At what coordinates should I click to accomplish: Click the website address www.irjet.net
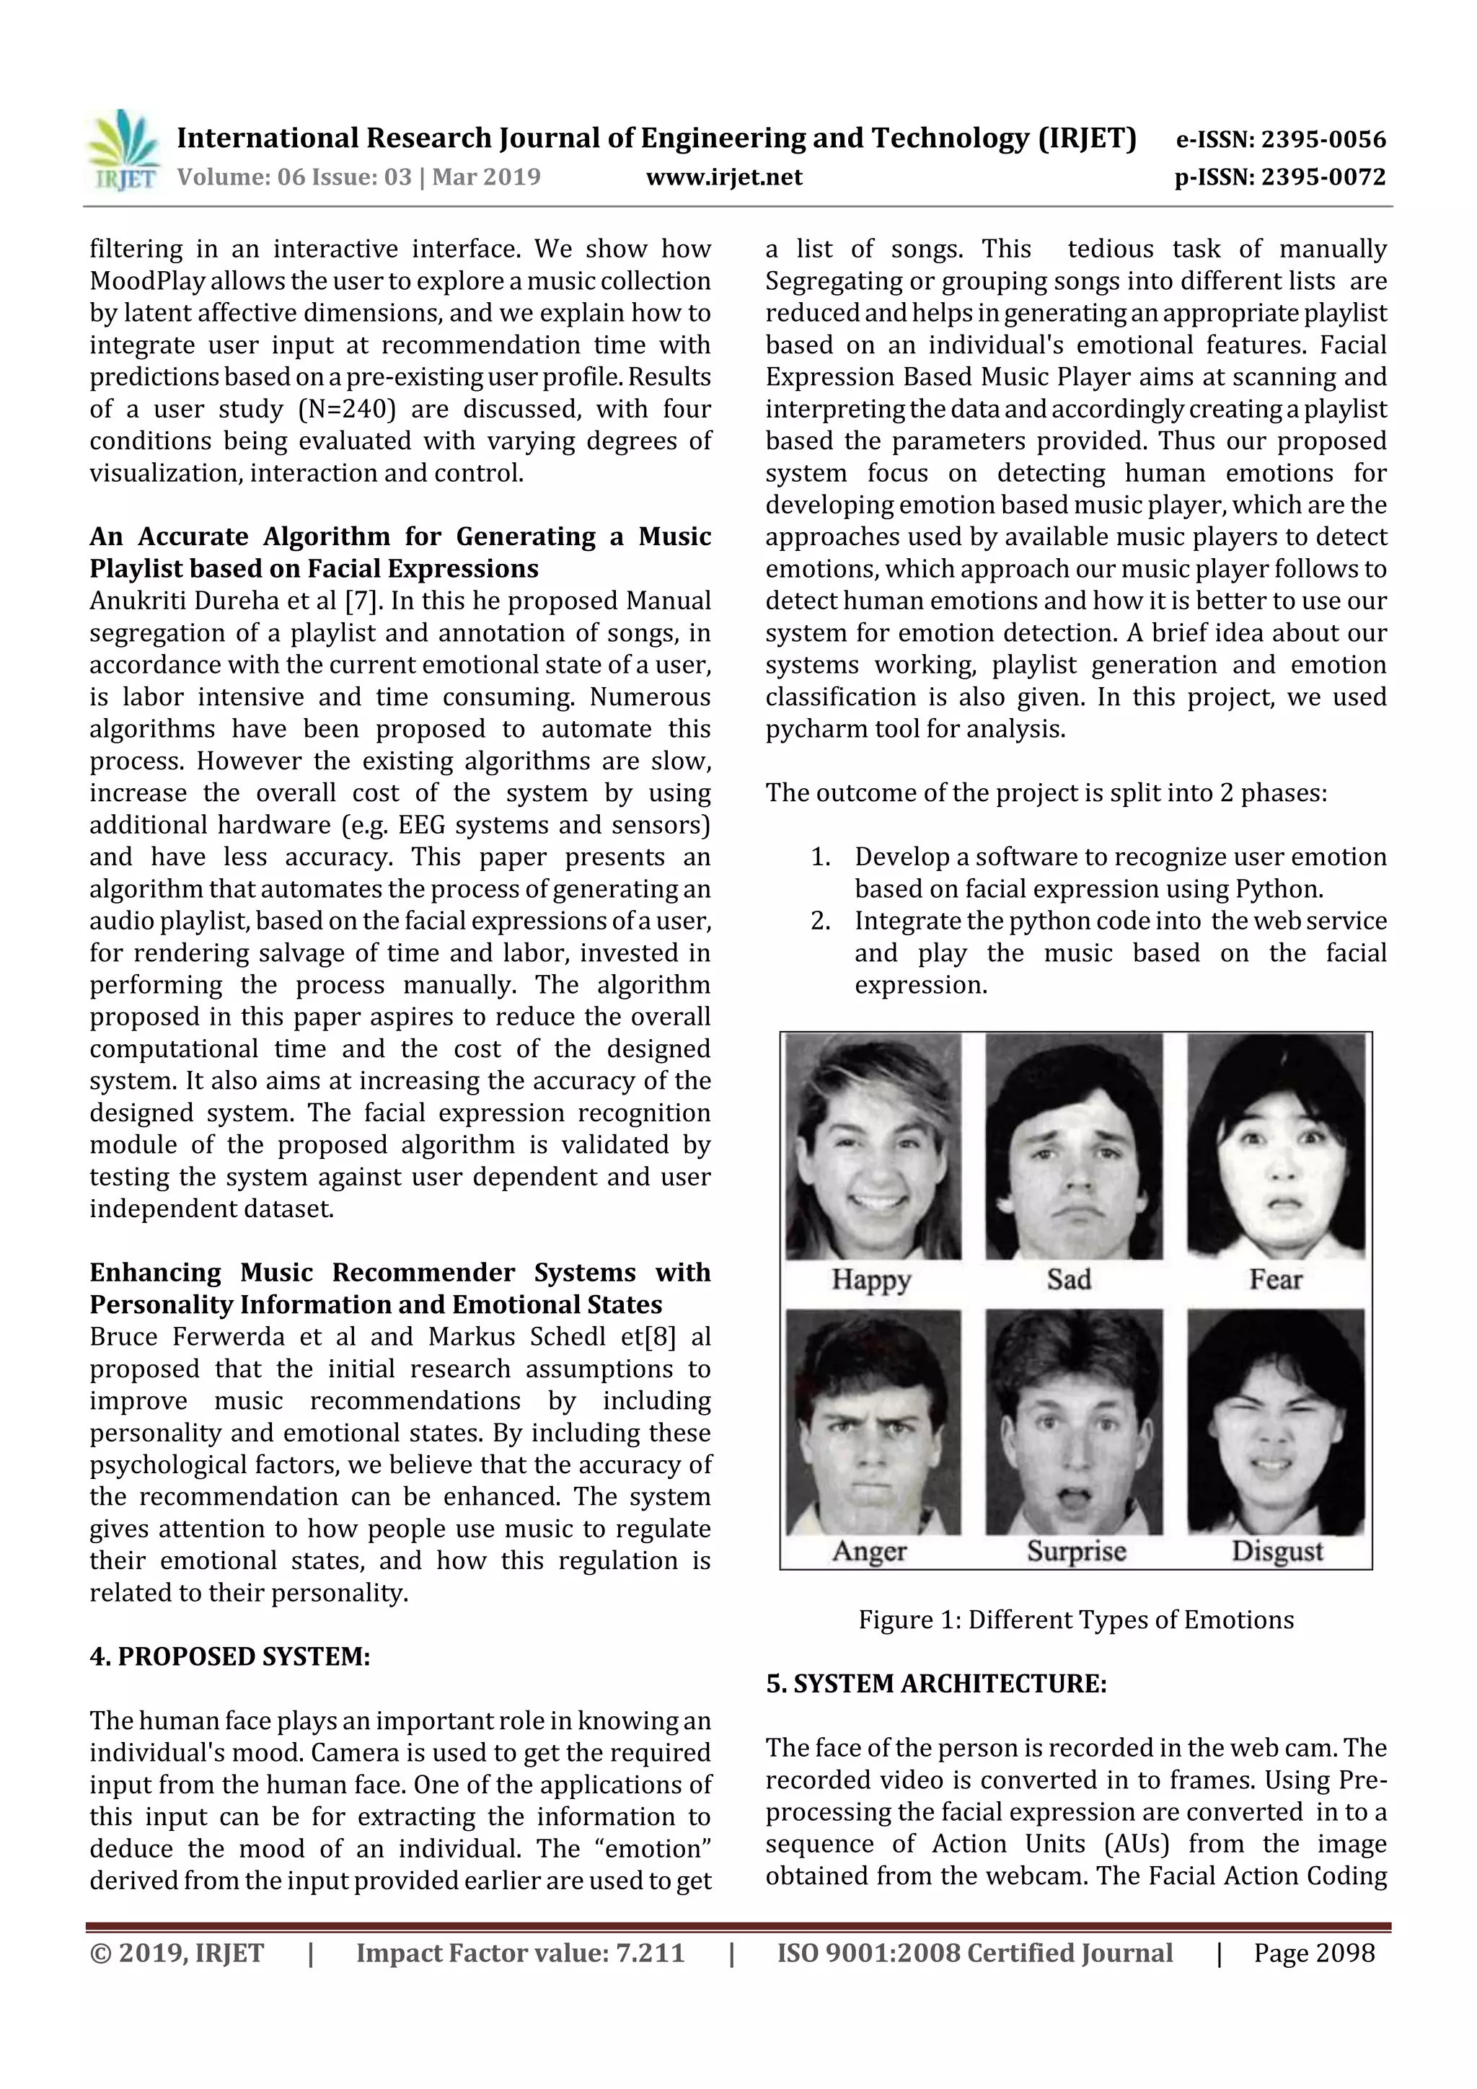point(723,177)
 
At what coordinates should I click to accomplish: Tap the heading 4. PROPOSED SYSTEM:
point(229,1656)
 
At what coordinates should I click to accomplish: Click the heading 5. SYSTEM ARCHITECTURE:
point(935,1683)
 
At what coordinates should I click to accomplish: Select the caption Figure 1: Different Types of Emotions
point(1076,1620)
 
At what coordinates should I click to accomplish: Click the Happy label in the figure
point(871,1279)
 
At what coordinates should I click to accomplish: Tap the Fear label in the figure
point(1275,1279)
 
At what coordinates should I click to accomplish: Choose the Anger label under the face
point(869,1551)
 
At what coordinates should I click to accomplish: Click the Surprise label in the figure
point(1076,1551)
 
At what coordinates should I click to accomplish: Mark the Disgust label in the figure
point(1277,1551)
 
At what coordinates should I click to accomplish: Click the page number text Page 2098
point(1313,1953)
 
